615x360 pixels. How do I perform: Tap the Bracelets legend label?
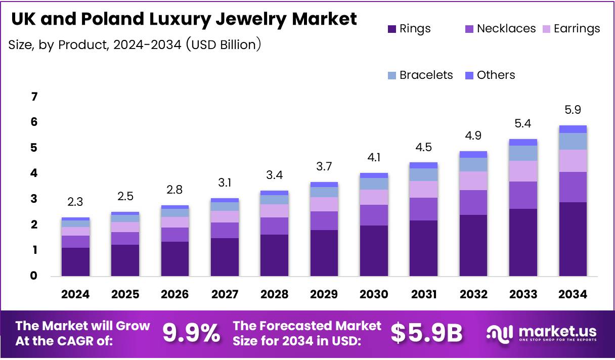[x=426, y=75]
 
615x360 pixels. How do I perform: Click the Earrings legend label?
[x=577, y=29]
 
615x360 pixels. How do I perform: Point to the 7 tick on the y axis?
[x=34, y=97]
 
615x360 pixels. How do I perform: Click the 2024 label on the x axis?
[x=76, y=294]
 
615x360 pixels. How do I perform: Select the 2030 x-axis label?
[x=374, y=294]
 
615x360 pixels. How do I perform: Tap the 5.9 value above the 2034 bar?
[x=573, y=110]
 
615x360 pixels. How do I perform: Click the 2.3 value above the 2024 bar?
[x=76, y=202]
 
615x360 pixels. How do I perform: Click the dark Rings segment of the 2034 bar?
[x=573, y=239]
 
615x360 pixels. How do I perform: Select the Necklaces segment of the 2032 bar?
[x=473, y=202]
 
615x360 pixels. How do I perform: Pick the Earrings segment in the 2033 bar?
[x=523, y=171]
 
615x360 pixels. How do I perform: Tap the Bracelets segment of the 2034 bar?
[x=573, y=141]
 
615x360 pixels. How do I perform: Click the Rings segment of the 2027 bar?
[x=225, y=257]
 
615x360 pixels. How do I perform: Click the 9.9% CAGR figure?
[x=191, y=333]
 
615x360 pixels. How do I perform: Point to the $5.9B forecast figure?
[x=427, y=333]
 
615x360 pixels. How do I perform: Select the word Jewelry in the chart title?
[x=245, y=19]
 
